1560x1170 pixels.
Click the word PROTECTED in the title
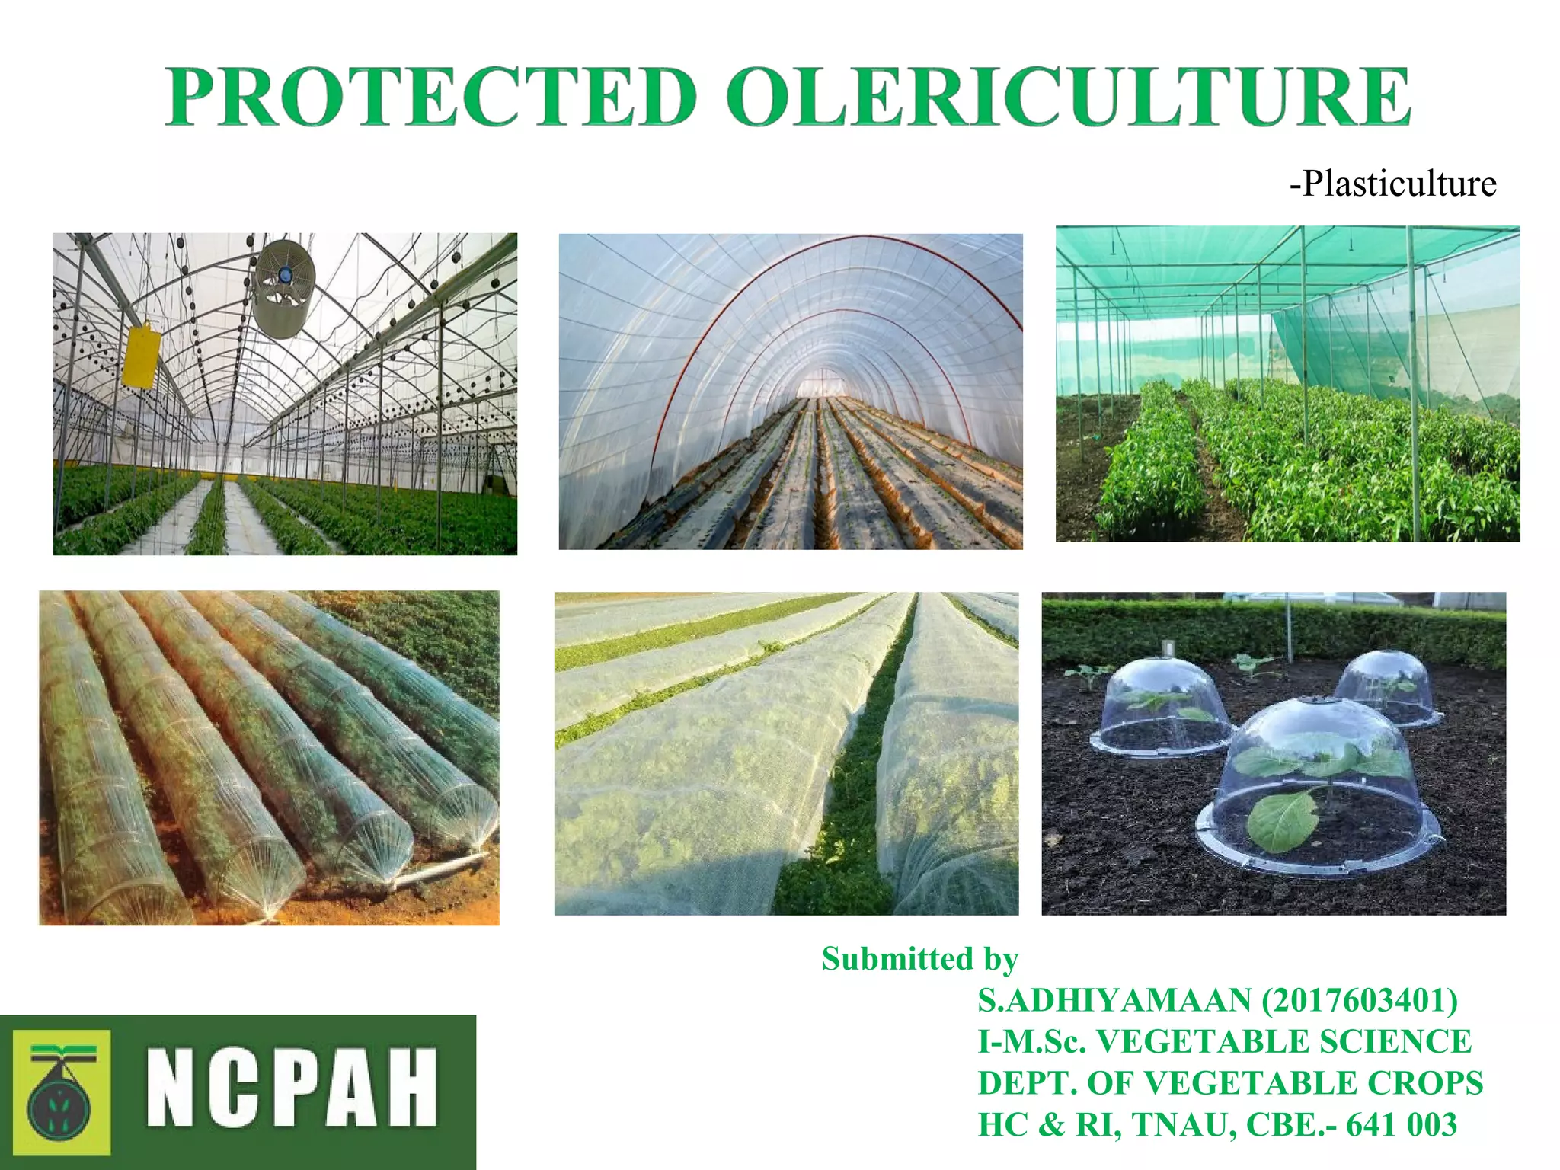pos(431,97)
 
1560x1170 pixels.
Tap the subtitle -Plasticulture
pos(1392,184)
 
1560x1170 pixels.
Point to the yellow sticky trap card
pos(142,356)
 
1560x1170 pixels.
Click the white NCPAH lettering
pos(292,1088)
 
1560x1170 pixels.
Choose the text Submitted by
pos(919,959)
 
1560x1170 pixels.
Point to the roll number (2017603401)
pos(1360,1000)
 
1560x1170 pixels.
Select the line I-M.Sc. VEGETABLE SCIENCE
pos(1224,1041)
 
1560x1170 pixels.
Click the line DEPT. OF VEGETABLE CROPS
pos(1230,1082)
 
